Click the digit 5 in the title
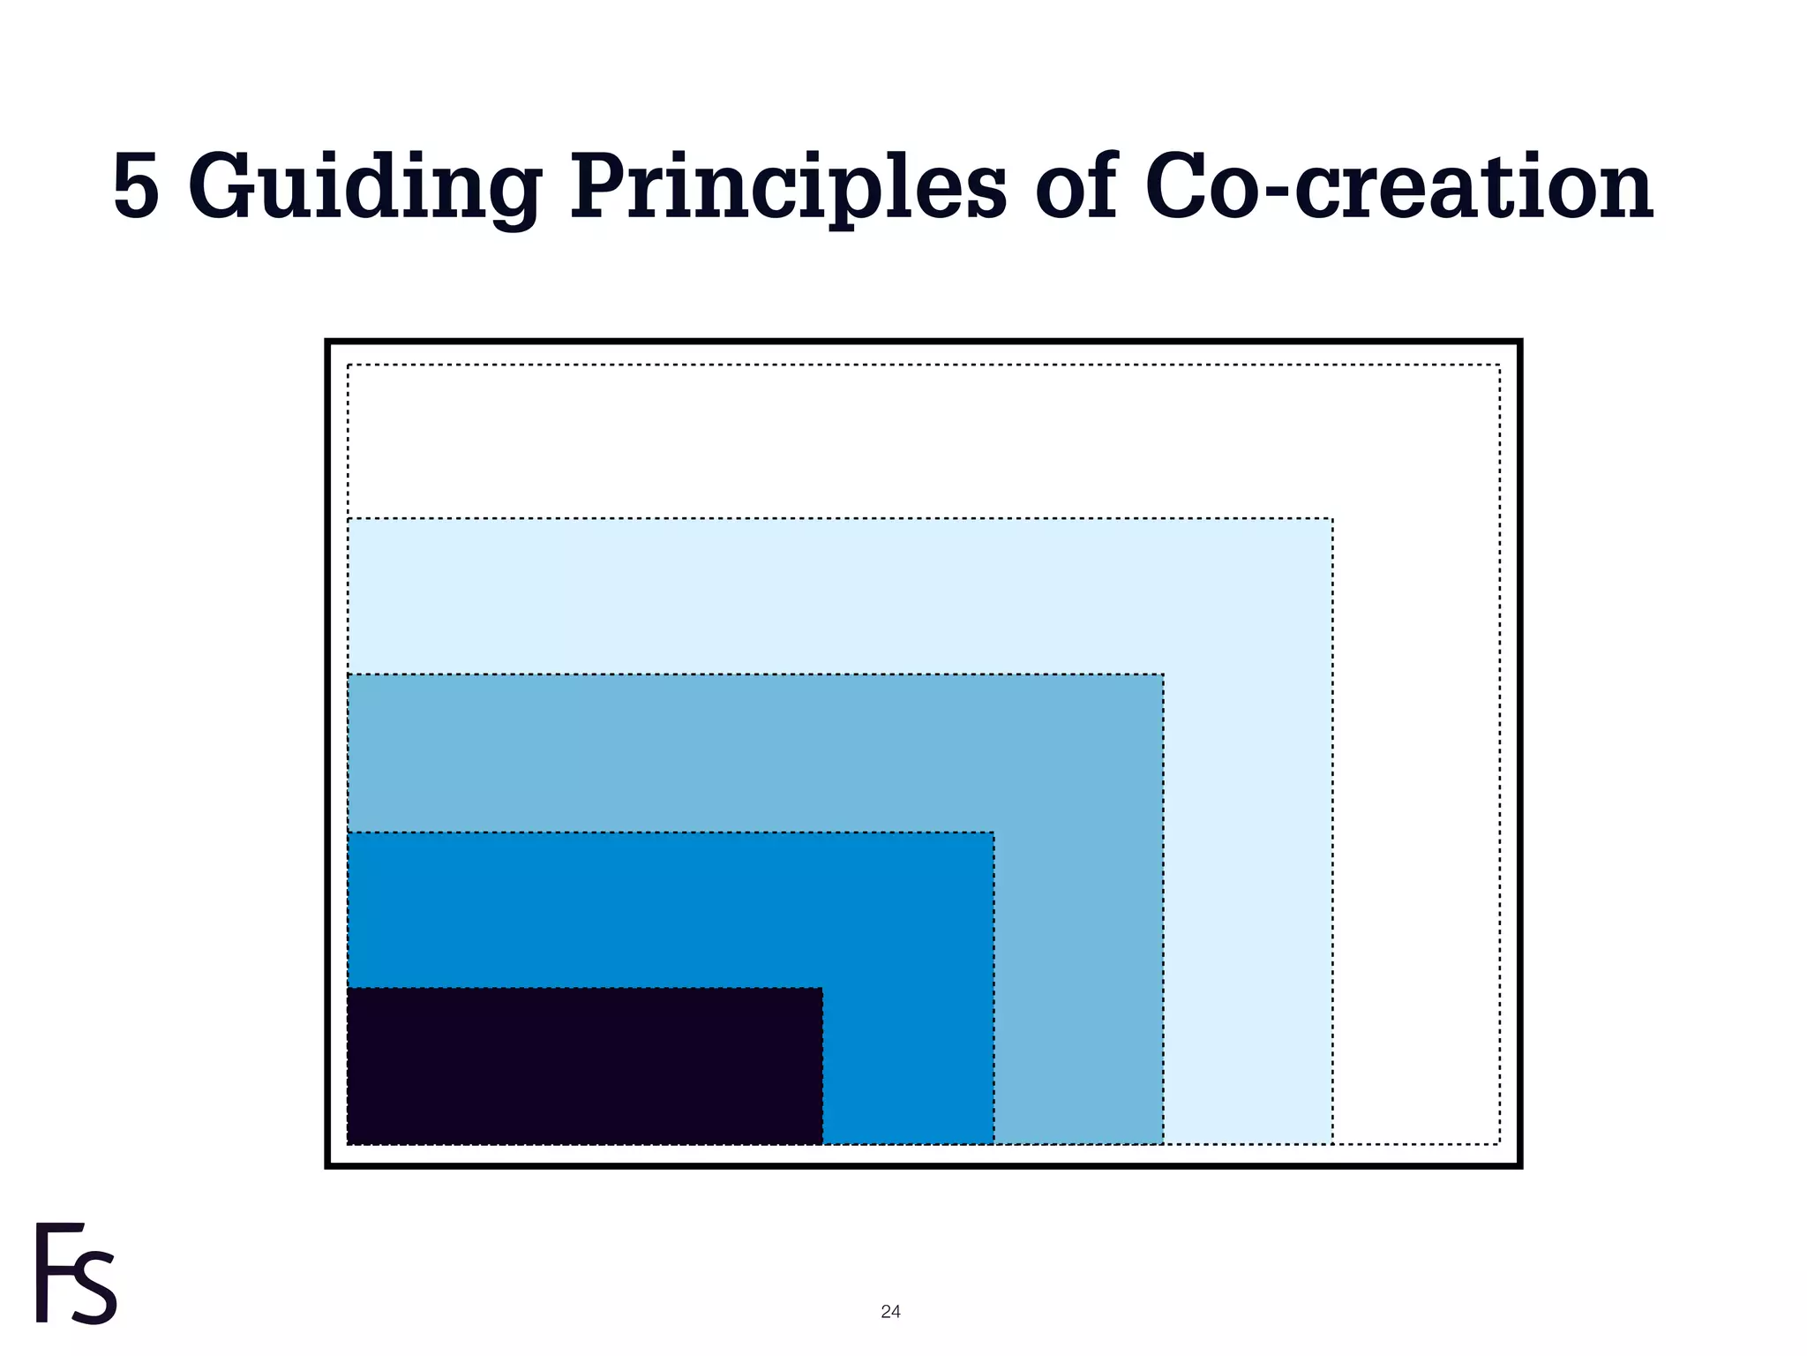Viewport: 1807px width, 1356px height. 137,187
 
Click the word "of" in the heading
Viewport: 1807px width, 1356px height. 1076,187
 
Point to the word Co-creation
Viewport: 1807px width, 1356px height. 1398,187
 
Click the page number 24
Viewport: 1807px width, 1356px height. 890,1312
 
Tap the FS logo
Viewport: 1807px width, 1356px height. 76,1273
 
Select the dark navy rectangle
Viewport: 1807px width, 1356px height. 584,1066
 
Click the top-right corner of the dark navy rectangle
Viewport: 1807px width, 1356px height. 822,989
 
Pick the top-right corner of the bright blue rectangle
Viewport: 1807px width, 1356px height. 993,832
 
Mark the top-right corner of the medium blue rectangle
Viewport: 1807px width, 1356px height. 1163,675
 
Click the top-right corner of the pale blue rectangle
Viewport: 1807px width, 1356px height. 1332,519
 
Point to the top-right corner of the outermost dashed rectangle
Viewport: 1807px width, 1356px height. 1499,365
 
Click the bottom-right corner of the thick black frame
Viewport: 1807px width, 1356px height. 1519,1165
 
